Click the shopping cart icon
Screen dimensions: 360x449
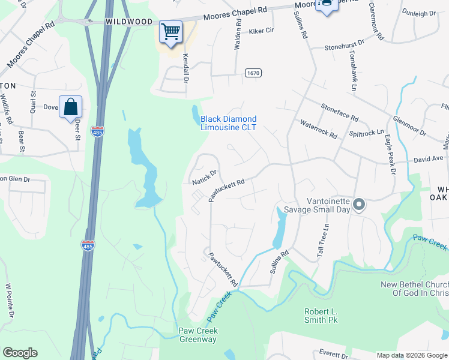click(171, 31)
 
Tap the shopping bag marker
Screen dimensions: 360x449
click(71, 107)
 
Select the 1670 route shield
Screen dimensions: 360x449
click(253, 73)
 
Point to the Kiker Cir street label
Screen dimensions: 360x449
click(261, 30)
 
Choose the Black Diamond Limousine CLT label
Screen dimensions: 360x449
click(228, 124)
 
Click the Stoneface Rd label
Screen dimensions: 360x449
click(339, 112)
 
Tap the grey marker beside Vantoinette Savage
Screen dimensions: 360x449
click(359, 205)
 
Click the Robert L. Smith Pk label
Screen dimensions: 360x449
click(321, 316)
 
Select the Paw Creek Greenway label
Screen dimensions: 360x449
click(199, 335)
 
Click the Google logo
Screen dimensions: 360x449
click(20, 353)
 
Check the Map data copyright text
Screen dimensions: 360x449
click(411, 355)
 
